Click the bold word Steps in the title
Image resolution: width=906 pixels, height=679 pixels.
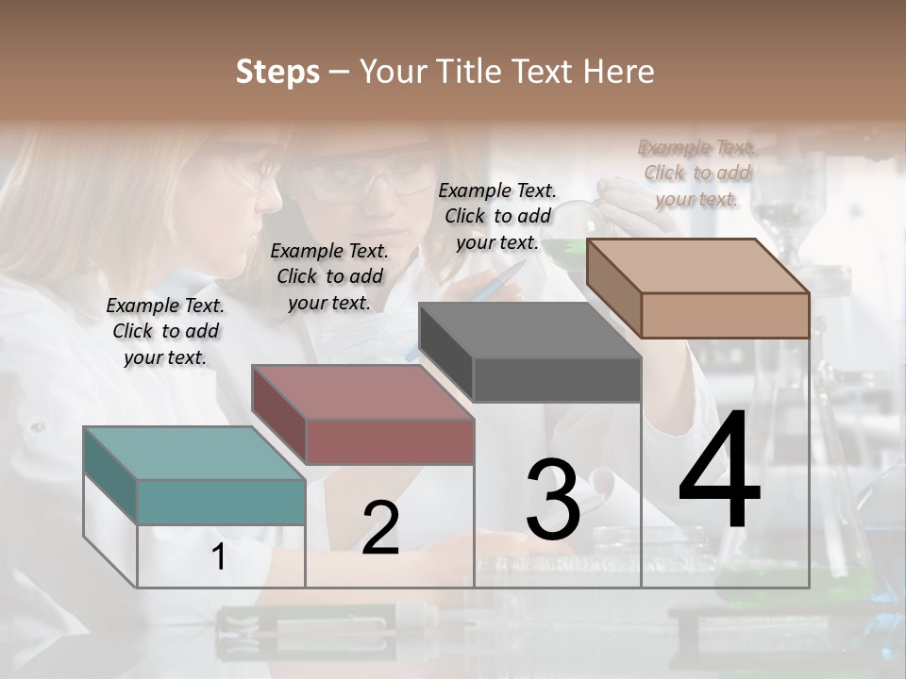277,72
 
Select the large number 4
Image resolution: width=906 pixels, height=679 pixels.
719,472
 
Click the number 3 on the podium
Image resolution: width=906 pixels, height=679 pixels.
553,501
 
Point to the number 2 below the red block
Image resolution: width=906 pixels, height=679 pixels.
380,528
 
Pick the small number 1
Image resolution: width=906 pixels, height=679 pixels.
218,557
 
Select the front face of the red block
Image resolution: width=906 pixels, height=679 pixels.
390,441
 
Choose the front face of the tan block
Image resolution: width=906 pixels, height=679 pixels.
725,315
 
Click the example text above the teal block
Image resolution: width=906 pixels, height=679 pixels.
165,331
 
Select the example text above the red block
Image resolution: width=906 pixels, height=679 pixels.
329,276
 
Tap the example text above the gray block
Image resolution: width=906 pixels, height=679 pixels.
497,216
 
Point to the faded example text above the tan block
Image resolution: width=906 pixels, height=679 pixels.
697,173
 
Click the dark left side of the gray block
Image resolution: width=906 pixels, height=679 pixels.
445,353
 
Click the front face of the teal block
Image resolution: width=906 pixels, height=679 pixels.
221,502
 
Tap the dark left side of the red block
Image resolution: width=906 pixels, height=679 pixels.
278,414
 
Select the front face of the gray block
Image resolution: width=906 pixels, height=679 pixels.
557,379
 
